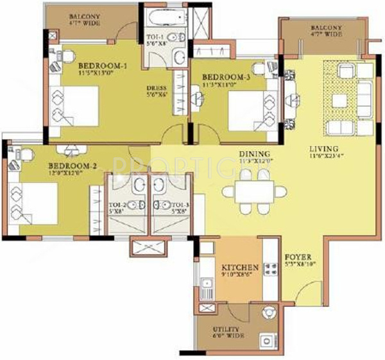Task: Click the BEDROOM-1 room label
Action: click(x=103, y=65)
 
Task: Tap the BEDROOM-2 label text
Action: click(x=72, y=166)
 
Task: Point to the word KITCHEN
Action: click(x=239, y=267)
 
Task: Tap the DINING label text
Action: click(x=253, y=154)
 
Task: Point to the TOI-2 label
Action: click(x=116, y=207)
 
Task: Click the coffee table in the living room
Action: click(x=339, y=99)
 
